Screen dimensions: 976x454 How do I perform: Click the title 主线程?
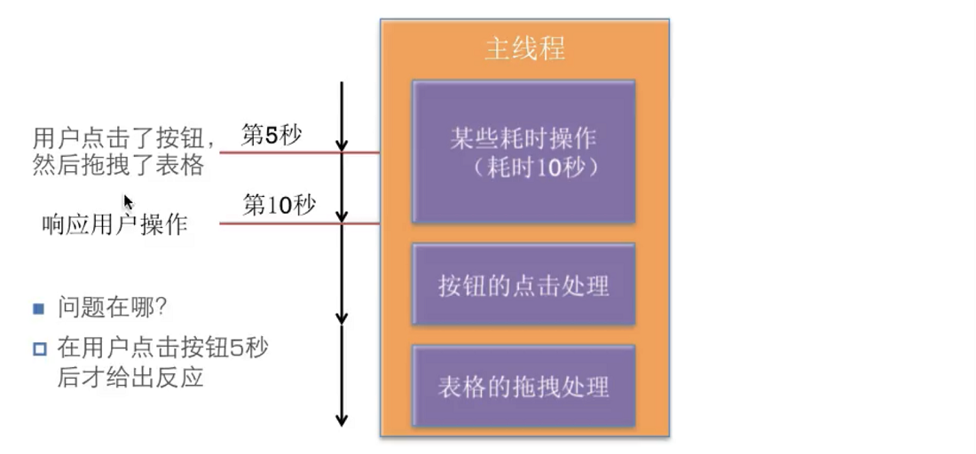(524, 49)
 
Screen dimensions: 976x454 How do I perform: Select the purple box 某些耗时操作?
(523, 151)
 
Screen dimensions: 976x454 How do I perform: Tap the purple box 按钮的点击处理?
(523, 284)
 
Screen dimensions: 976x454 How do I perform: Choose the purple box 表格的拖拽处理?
(523, 386)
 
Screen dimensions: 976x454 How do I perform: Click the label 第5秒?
(271, 136)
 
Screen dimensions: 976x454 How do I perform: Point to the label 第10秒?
(279, 205)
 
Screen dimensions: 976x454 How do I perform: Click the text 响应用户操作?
(114, 224)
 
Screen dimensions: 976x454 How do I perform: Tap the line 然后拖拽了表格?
(118, 165)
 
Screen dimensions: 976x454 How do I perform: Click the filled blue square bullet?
(39, 309)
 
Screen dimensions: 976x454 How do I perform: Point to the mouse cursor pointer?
(128, 202)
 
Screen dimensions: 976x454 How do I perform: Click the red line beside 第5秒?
(299, 153)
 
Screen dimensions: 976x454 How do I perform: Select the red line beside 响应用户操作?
(299, 223)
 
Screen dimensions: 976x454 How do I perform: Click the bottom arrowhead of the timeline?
(341, 421)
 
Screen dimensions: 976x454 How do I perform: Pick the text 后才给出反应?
(130, 377)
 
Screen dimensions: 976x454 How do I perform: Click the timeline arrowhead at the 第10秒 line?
(341, 216)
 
